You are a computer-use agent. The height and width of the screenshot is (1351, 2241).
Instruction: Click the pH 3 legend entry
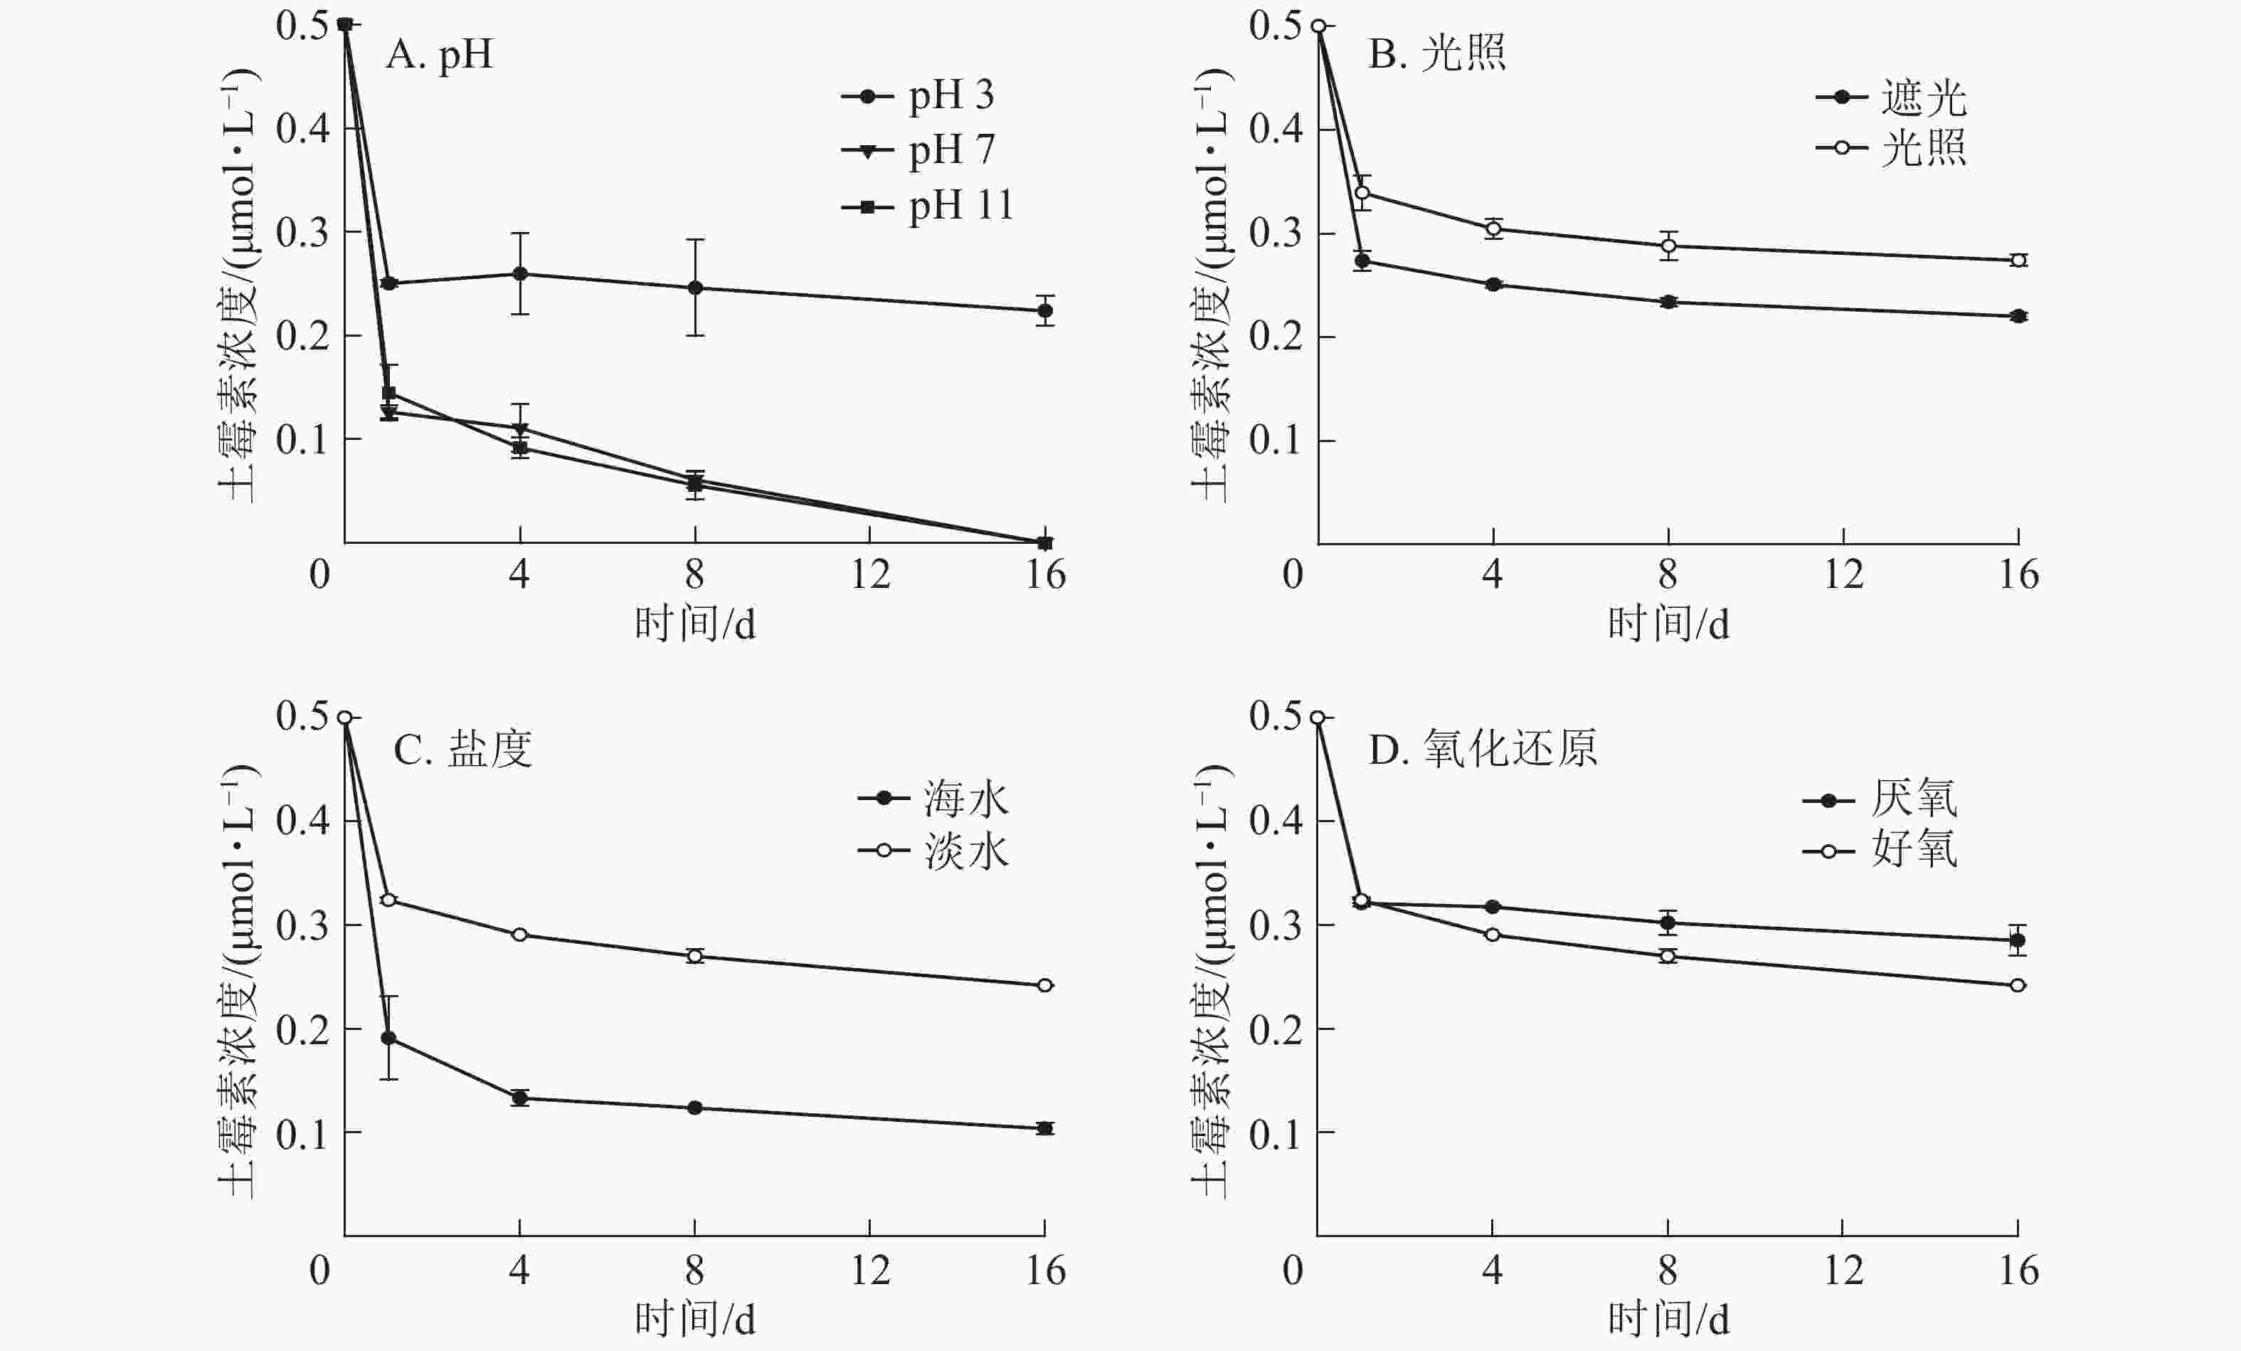pos(918,95)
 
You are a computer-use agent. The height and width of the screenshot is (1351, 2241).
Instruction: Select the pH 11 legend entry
pos(928,206)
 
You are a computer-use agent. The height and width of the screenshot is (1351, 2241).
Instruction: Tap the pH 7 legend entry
pos(918,151)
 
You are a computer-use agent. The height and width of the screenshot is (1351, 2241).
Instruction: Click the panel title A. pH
pos(439,55)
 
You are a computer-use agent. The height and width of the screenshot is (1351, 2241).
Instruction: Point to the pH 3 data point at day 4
pos(520,274)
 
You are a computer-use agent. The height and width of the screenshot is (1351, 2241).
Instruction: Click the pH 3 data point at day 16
pos(1045,311)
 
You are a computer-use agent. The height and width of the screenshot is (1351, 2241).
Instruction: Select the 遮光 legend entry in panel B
pos(1892,98)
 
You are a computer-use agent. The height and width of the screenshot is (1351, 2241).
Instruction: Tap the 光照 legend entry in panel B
pos(1892,147)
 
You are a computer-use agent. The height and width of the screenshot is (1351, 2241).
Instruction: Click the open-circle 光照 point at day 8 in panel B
pos(1668,246)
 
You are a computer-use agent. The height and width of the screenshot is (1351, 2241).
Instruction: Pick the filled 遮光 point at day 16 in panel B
pos(2018,317)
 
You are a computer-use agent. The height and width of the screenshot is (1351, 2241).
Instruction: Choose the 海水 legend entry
pos(935,799)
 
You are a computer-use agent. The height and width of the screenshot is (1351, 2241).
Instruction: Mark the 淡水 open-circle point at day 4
pos(520,935)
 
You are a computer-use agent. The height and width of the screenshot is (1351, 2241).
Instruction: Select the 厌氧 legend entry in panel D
pos(1881,799)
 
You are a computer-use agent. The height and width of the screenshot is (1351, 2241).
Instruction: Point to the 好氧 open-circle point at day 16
pos(2018,985)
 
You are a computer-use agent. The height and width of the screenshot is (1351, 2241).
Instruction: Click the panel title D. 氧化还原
pos(1483,750)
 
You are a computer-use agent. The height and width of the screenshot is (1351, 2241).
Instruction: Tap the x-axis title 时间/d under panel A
pos(695,625)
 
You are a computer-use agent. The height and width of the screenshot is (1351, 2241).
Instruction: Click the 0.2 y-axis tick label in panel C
pos(302,1030)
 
